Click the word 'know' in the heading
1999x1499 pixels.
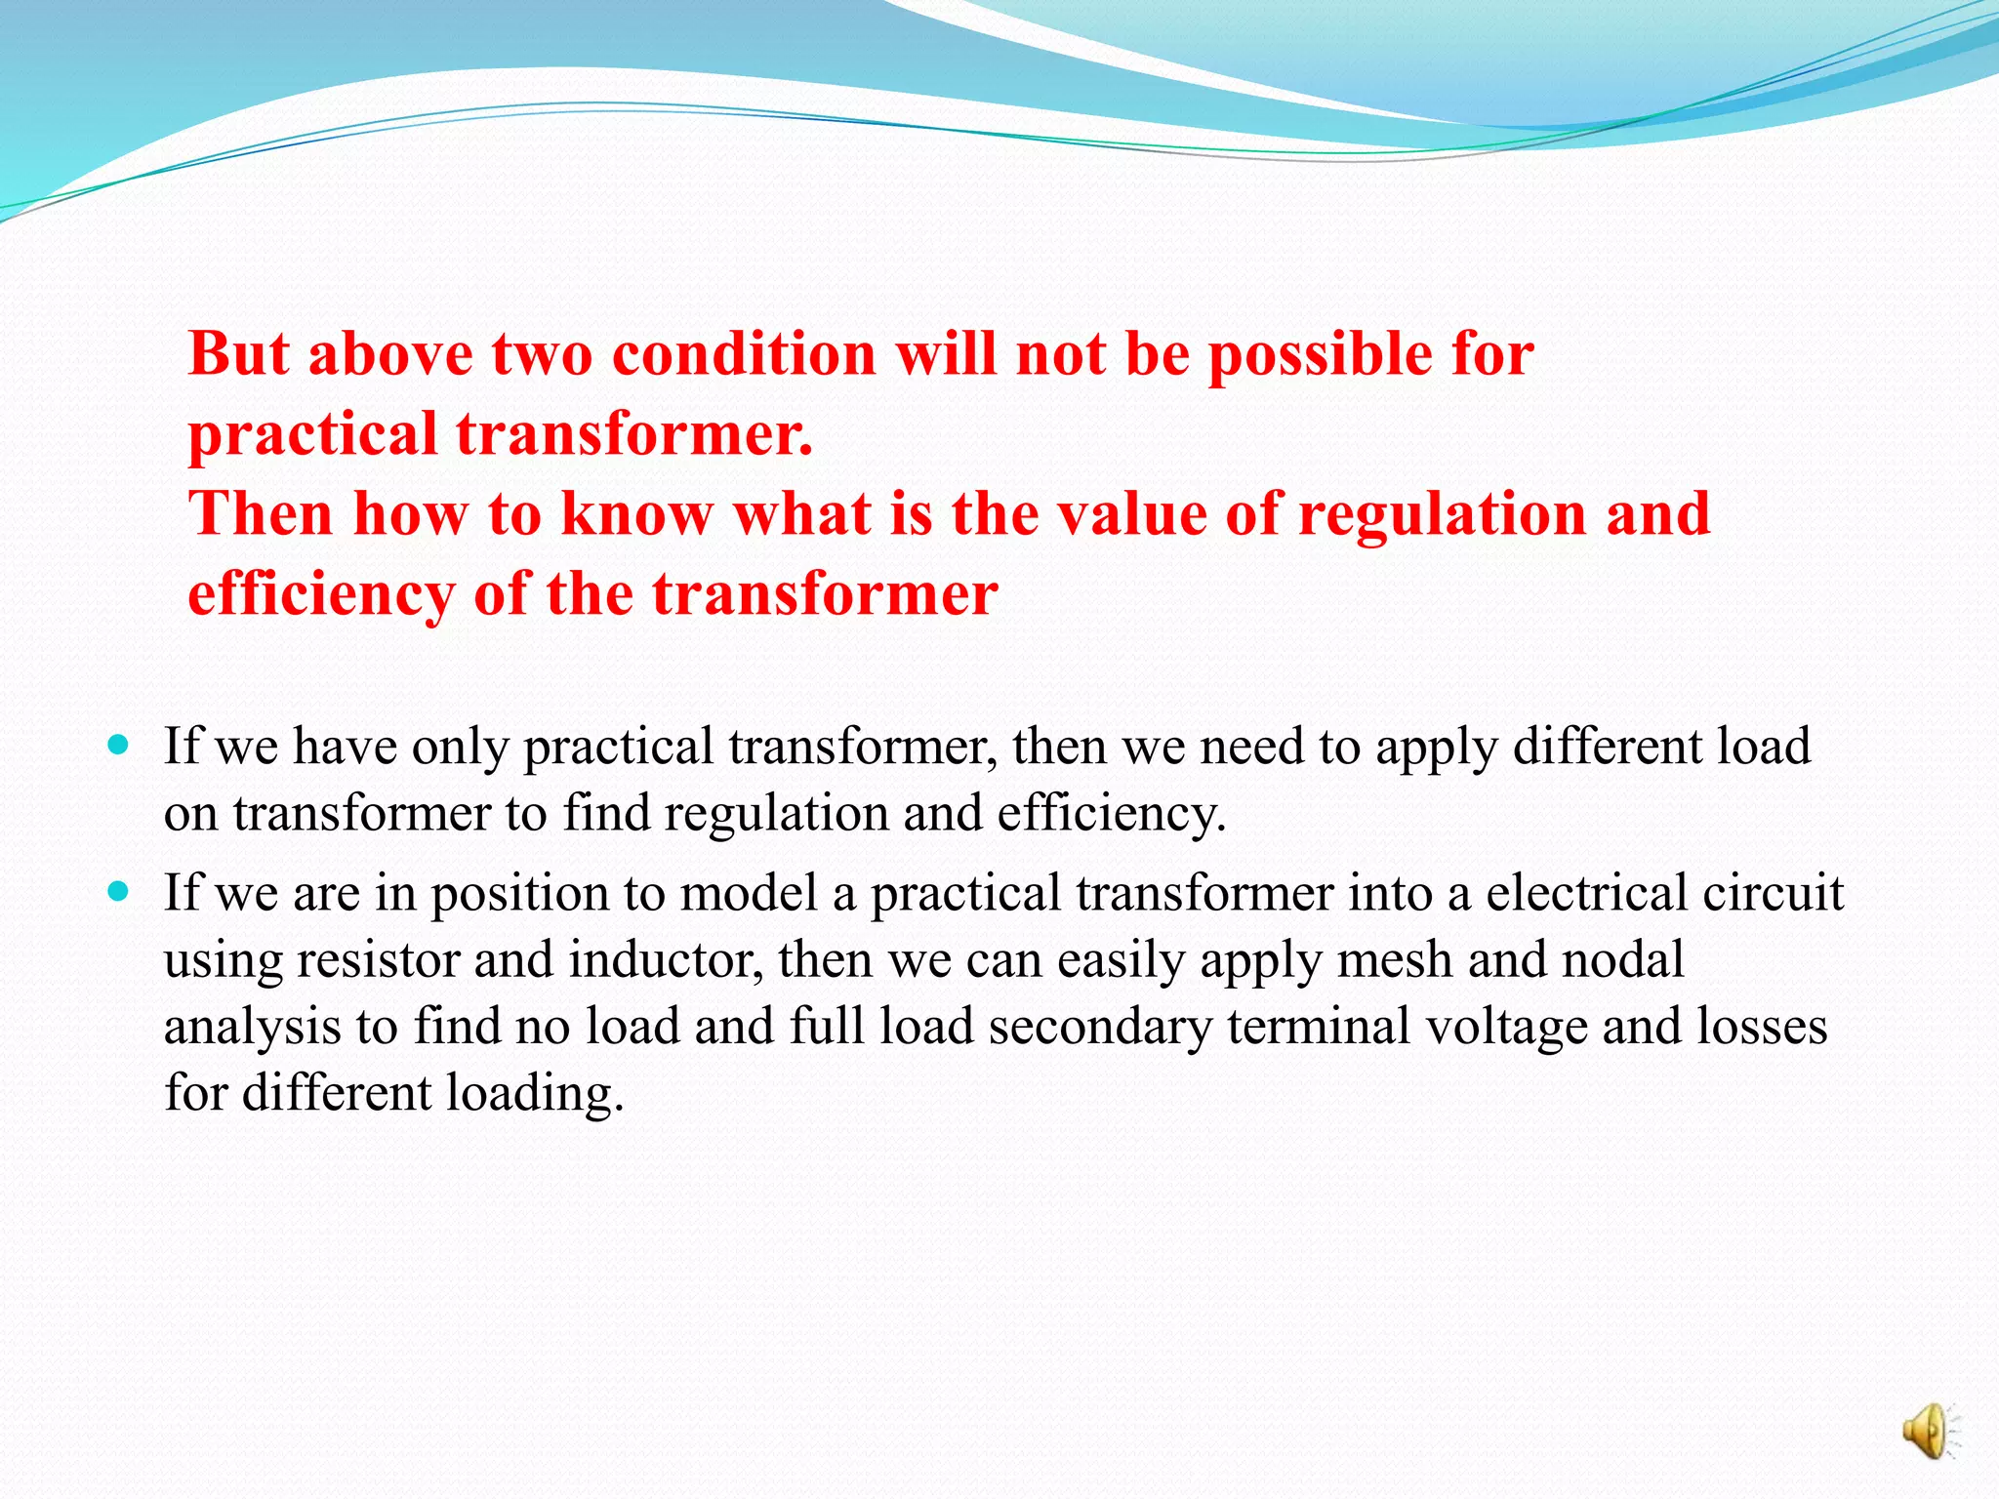click(636, 513)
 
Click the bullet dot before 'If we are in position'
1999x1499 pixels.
click(119, 892)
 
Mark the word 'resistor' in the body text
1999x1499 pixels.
click(378, 960)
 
